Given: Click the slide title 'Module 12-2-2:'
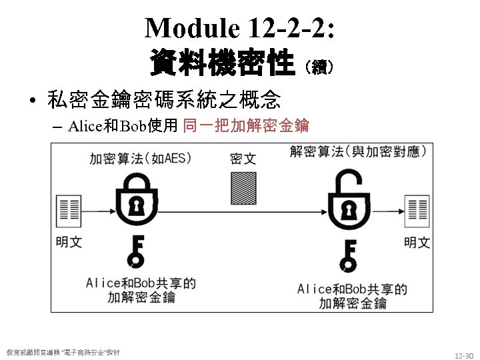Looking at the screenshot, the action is coord(240,28).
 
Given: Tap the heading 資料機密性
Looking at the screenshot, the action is coord(223,64).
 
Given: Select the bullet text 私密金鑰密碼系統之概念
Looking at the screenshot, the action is coord(164,101).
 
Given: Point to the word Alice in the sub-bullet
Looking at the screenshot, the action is coord(84,125).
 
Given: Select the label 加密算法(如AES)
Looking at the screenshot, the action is coord(141,159).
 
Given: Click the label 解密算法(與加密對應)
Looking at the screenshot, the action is coord(358,151).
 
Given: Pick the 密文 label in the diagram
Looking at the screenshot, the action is coord(243,159).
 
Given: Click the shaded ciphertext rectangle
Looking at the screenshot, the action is coord(243,188).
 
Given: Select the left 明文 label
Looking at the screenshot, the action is coord(69,242).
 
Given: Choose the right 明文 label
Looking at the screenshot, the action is coord(417,242).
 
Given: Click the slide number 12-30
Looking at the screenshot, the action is coord(463,356).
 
